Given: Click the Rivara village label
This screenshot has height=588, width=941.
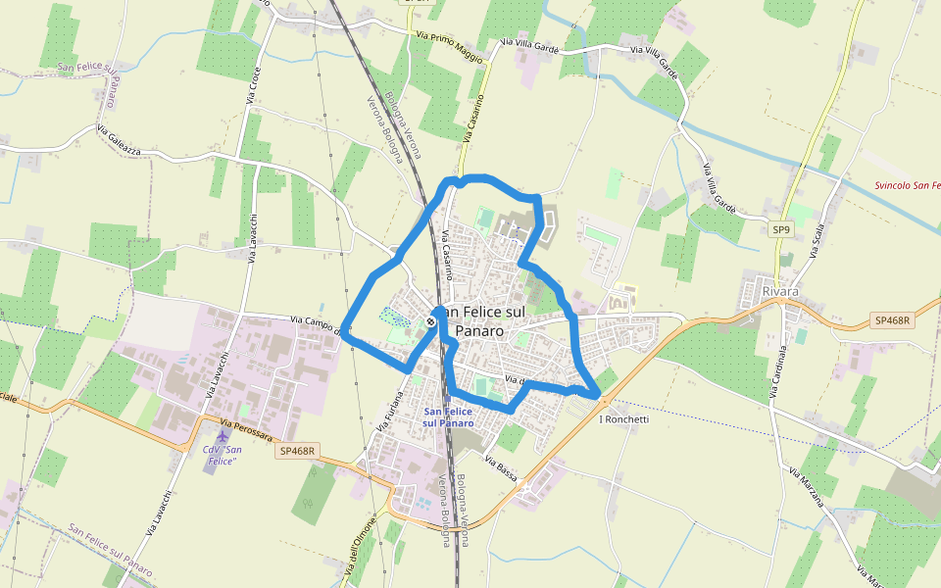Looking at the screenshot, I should point(781,291).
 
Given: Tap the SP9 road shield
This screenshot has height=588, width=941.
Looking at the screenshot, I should point(780,230).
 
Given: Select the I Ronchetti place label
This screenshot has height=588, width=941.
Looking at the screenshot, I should point(623,419).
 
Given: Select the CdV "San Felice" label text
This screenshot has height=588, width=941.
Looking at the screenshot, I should point(220,455).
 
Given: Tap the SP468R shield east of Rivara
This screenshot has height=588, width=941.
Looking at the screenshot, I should point(891,320).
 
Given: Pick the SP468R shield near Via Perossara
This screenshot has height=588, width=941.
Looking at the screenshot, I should point(298,451).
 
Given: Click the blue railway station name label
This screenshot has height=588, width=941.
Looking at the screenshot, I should point(448,416).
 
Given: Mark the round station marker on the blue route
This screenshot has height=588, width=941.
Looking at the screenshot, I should point(431,319).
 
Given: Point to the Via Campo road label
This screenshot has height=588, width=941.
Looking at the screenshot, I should point(314,322).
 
